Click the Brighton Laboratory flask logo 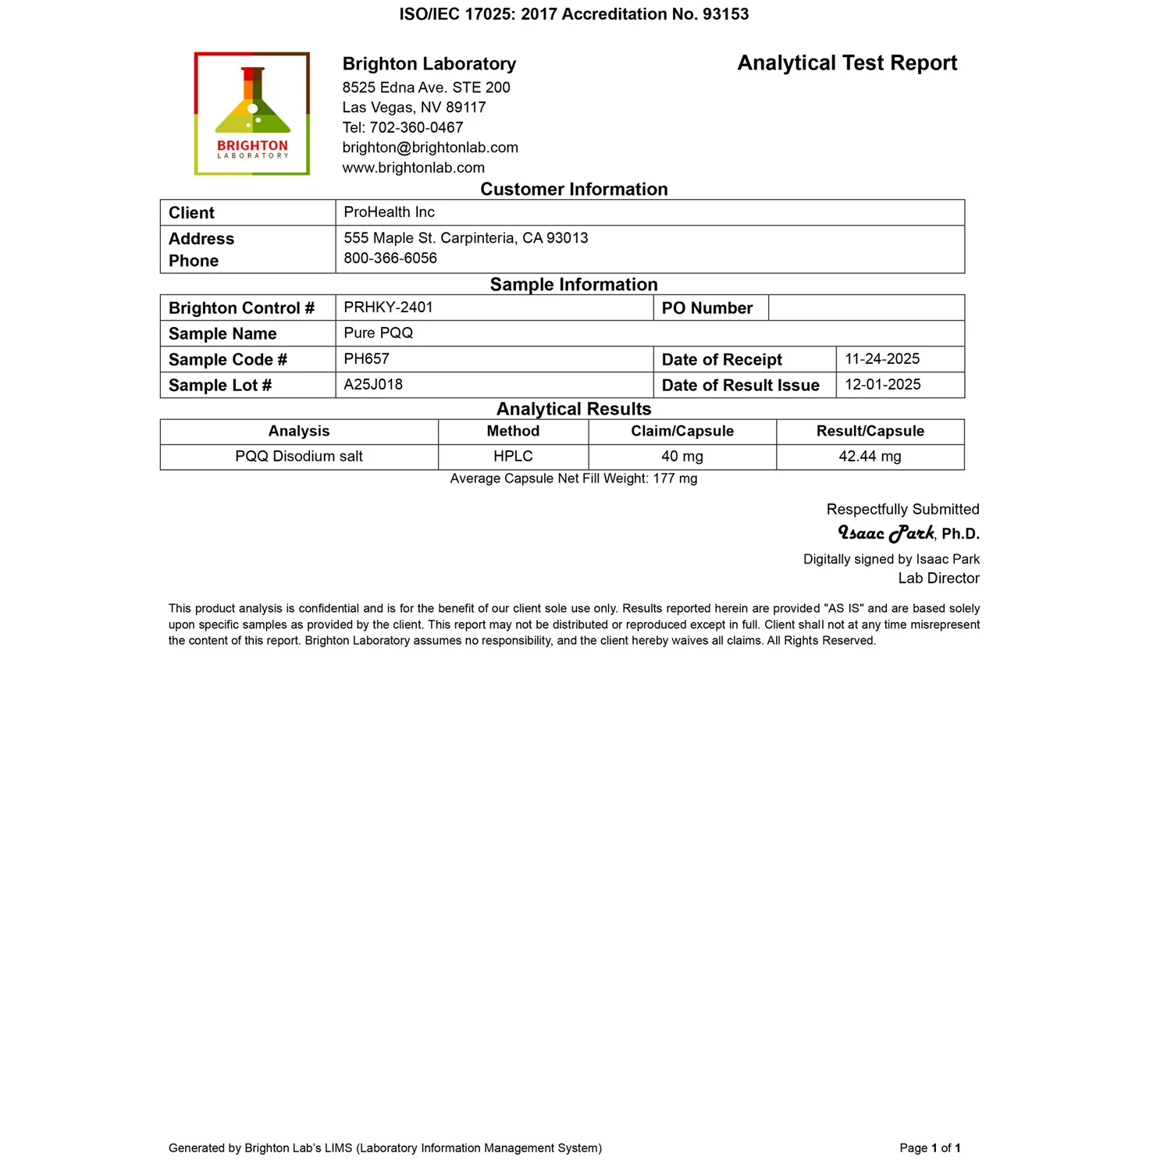point(252,113)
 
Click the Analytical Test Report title point(847,63)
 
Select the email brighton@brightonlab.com point(430,148)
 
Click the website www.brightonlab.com point(413,168)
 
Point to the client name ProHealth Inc point(389,212)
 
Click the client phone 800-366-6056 point(390,258)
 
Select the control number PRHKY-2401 point(388,308)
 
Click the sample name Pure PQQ point(378,333)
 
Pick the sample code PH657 point(366,359)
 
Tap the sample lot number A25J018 point(373,385)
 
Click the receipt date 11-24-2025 point(882,359)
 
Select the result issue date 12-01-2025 point(883,385)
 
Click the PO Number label point(707,308)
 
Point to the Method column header point(513,432)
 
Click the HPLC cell point(513,457)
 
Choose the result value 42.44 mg point(870,457)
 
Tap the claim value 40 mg point(682,457)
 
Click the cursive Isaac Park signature point(886,533)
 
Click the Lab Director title point(938,578)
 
